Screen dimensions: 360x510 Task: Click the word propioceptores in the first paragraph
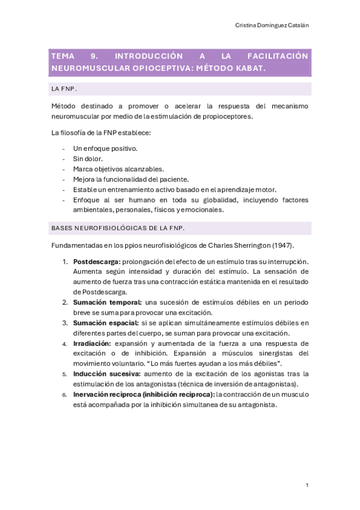222,116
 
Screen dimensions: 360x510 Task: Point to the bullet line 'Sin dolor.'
88,159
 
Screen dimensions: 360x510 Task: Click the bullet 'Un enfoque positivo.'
105,148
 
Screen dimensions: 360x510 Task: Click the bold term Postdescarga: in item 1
96,262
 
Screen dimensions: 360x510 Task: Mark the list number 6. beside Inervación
64,395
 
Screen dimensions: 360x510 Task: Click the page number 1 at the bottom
307,485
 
